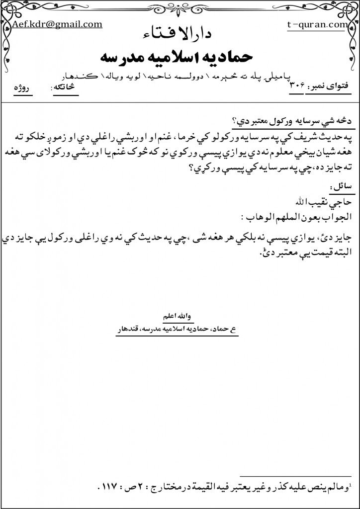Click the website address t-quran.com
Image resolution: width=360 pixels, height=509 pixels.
(317, 23)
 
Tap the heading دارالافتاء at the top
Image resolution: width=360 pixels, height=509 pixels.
(183, 34)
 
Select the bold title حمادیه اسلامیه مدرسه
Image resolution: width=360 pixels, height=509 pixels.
(183, 55)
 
